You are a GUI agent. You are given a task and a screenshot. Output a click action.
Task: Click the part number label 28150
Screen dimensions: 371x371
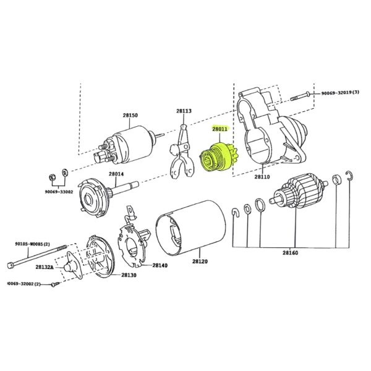[x=130, y=116]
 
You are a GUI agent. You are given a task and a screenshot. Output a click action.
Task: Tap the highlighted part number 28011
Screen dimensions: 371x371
[x=220, y=129]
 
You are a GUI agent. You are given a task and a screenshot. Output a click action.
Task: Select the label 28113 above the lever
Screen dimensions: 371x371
[x=184, y=111]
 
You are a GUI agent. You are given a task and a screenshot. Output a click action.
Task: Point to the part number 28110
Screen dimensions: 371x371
[x=262, y=176]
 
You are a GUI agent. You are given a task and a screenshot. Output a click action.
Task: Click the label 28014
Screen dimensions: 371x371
[x=116, y=174]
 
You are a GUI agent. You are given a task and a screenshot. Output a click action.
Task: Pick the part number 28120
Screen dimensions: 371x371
[x=200, y=262]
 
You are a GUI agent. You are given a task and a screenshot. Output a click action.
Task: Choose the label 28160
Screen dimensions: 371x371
[x=291, y=253]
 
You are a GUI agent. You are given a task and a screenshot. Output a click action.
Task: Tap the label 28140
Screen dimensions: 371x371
[x=160, y=265]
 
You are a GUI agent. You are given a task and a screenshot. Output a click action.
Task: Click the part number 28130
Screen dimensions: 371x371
[x=129, y=275]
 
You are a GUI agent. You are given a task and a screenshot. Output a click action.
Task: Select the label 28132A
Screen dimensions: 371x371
[x=45, y=267]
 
